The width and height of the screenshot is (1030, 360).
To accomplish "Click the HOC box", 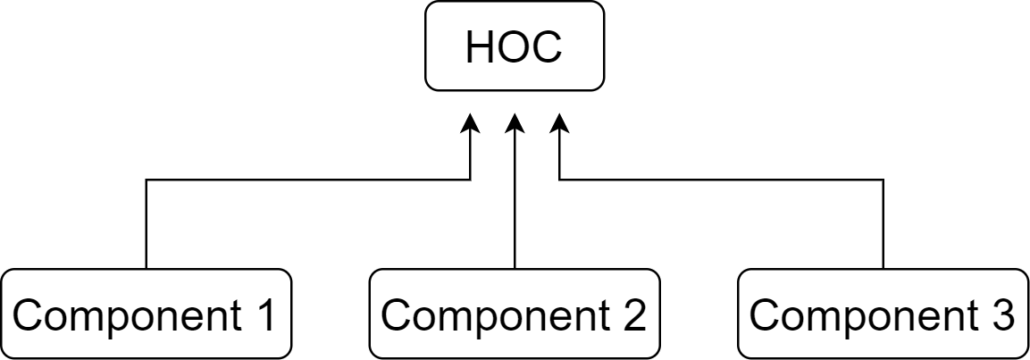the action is [x=514, y=47].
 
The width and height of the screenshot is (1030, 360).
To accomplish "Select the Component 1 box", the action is [x=147, y=314].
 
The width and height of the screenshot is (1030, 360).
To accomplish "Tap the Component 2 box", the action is [x=515, y=314].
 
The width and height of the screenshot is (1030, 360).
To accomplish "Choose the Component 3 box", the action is [x=883, y=314].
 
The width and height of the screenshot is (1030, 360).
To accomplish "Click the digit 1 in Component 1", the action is [x=265, y=315].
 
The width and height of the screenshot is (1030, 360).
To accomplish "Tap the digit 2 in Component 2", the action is [x=632, y=315].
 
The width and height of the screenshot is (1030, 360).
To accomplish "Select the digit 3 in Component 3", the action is [x=1001, y=315].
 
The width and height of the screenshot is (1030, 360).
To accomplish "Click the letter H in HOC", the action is [x=481, y=47].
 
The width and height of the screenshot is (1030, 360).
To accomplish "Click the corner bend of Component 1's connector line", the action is [x=147, y=180].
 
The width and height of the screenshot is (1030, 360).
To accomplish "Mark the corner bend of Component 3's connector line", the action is [x=883, y=180].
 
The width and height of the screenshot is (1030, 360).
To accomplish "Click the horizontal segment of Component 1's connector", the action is [x=308, y=180].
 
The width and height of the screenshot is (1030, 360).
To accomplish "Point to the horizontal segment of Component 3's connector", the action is [x=721, y=180].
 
